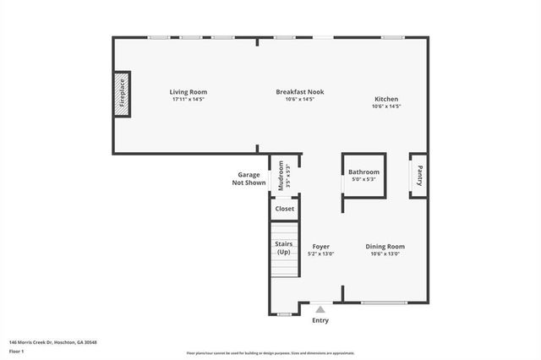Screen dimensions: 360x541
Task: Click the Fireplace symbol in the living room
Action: click(121, 95)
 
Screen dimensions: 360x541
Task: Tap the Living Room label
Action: click(188, 92)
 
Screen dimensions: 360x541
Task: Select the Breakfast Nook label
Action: click(299, 92)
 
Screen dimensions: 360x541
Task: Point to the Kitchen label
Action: click(386, 100)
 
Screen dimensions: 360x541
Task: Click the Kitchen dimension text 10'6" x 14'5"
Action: click(386, 106)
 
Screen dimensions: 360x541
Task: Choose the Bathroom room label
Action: click(364, 172)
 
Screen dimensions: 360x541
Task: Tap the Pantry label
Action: click(418, 176)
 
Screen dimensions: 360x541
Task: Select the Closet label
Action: click(284, 208)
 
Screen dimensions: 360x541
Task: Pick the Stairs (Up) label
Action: click(283, 248)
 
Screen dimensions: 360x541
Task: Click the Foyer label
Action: click(320, 247)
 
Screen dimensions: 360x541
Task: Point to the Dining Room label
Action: click(385, 247)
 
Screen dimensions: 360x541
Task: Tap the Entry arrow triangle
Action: click(320, 310)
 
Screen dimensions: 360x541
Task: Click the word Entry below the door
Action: click(320, 320)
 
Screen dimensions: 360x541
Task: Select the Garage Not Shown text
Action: click(249, 178)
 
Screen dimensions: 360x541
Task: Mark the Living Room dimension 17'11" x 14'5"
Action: click(188, 99)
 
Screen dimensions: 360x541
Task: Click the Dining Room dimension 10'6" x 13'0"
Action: click(385, 254)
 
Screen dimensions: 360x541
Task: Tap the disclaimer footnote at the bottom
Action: click(270, 352)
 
